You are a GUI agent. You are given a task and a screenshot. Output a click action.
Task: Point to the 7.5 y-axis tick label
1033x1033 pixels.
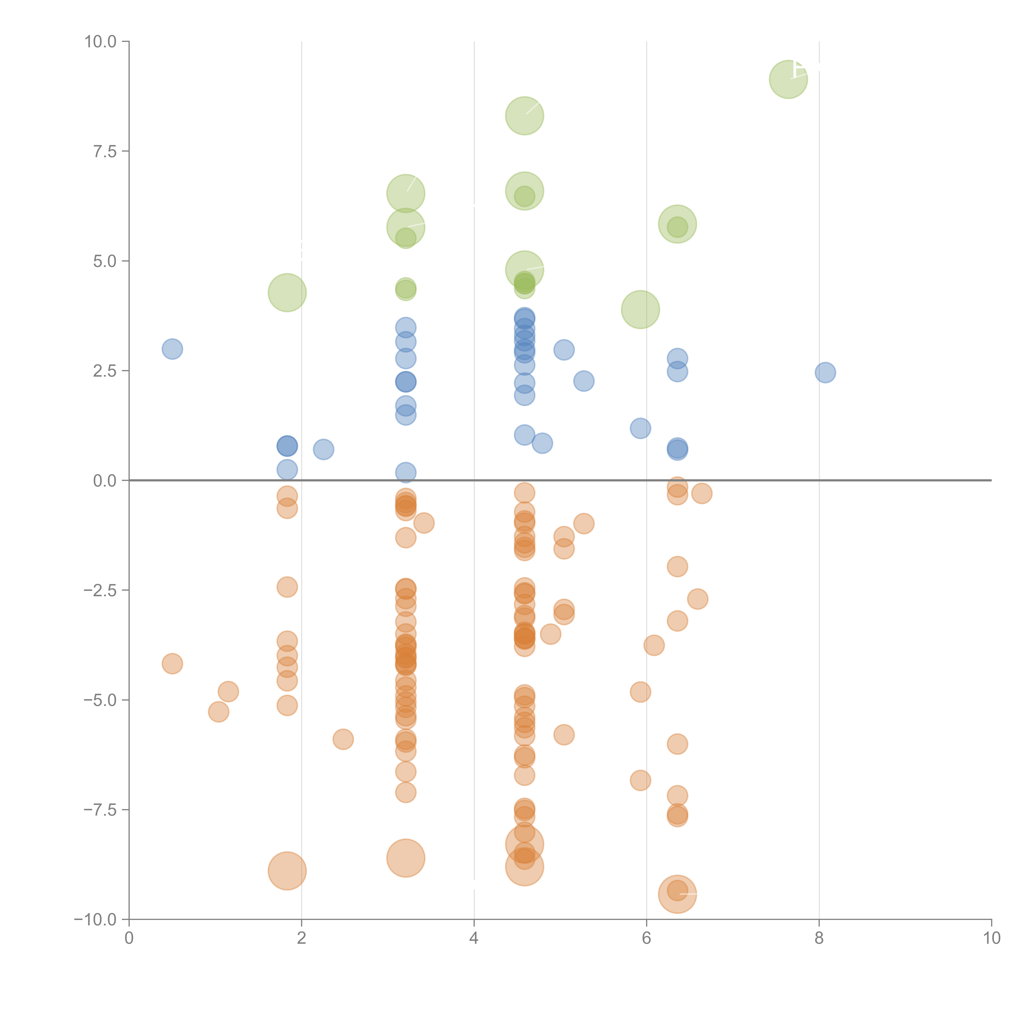pos(105,151)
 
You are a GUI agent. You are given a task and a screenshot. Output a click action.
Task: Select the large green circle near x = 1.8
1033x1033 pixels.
pos(287,293)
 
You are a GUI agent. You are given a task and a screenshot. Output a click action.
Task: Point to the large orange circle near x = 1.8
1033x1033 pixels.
pos(287,871)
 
